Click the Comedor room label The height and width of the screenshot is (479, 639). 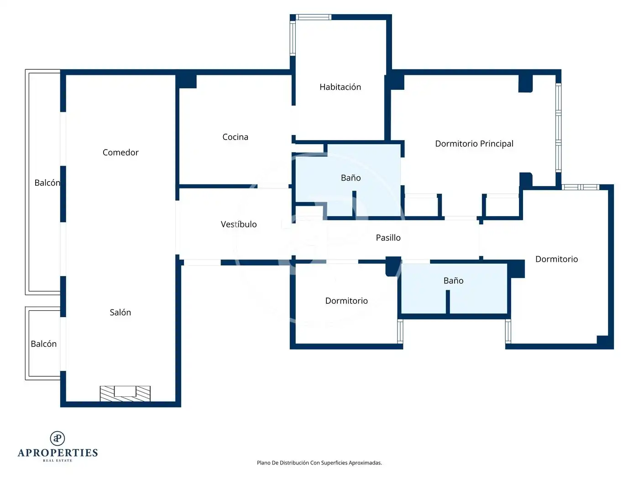120,152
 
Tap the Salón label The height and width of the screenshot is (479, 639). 120,312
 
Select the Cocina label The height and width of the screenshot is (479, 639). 235,137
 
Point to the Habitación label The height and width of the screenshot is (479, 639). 340,87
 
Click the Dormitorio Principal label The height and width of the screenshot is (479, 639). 474,144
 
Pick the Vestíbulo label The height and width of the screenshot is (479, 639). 239,224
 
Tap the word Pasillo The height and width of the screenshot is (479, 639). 388,238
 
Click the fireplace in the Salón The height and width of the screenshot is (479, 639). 125,394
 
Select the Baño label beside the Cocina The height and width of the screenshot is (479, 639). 351,178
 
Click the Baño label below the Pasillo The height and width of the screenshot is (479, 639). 453,281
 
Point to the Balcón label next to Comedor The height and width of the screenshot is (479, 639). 47,183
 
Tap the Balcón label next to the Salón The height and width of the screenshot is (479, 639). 44,344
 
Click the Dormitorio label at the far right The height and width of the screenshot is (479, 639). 556,259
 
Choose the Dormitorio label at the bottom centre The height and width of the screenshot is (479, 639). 346,301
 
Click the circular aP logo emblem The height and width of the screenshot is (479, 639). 58,438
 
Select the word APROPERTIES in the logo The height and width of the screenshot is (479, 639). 58,453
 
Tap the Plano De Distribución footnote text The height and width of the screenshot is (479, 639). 319,463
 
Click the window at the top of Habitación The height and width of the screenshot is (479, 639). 314,17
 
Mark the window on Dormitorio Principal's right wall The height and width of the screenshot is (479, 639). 558,128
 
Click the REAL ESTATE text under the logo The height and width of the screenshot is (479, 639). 58,460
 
